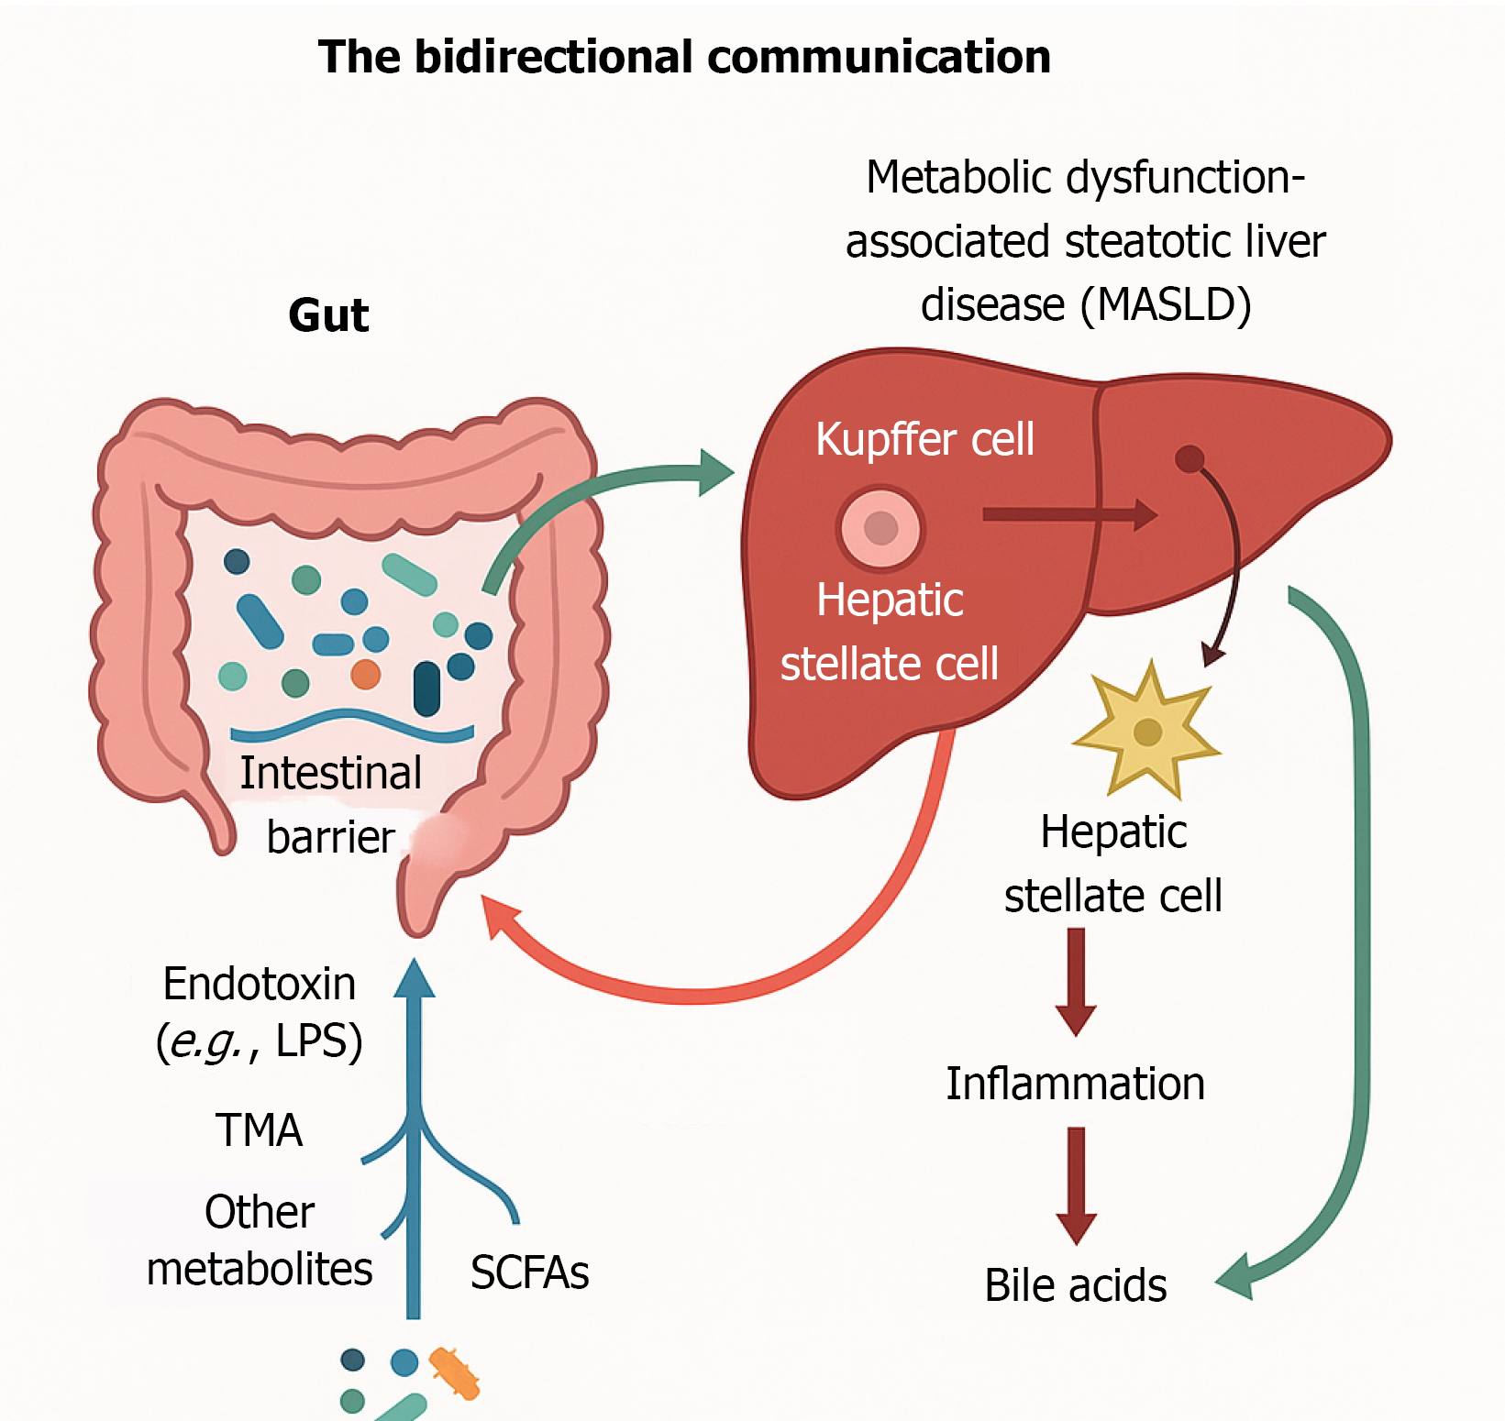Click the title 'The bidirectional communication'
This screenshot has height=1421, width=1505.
(684, 57)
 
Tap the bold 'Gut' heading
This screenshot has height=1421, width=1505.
(328, 315)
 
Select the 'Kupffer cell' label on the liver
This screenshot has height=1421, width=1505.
(924, 439)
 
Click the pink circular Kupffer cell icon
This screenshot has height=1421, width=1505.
(880, 528)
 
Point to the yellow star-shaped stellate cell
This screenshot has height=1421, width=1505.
(1146, 732)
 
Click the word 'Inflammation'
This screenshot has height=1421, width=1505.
(1075, 1084)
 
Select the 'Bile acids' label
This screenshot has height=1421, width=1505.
(1075, 1285)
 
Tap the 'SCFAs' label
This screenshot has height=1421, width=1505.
(529, 1272)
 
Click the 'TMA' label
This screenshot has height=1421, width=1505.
(259, 1129)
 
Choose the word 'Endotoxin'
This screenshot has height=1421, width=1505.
(259, 985)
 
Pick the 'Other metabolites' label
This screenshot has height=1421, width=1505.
(260, 1240)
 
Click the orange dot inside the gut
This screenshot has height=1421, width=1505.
(365, 674)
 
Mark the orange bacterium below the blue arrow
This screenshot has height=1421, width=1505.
(455, 1373)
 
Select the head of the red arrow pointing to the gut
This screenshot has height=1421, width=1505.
(500, 917)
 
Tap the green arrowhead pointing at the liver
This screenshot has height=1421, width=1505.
(715, 472)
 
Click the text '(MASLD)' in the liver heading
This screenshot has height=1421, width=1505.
(1165, 305)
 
